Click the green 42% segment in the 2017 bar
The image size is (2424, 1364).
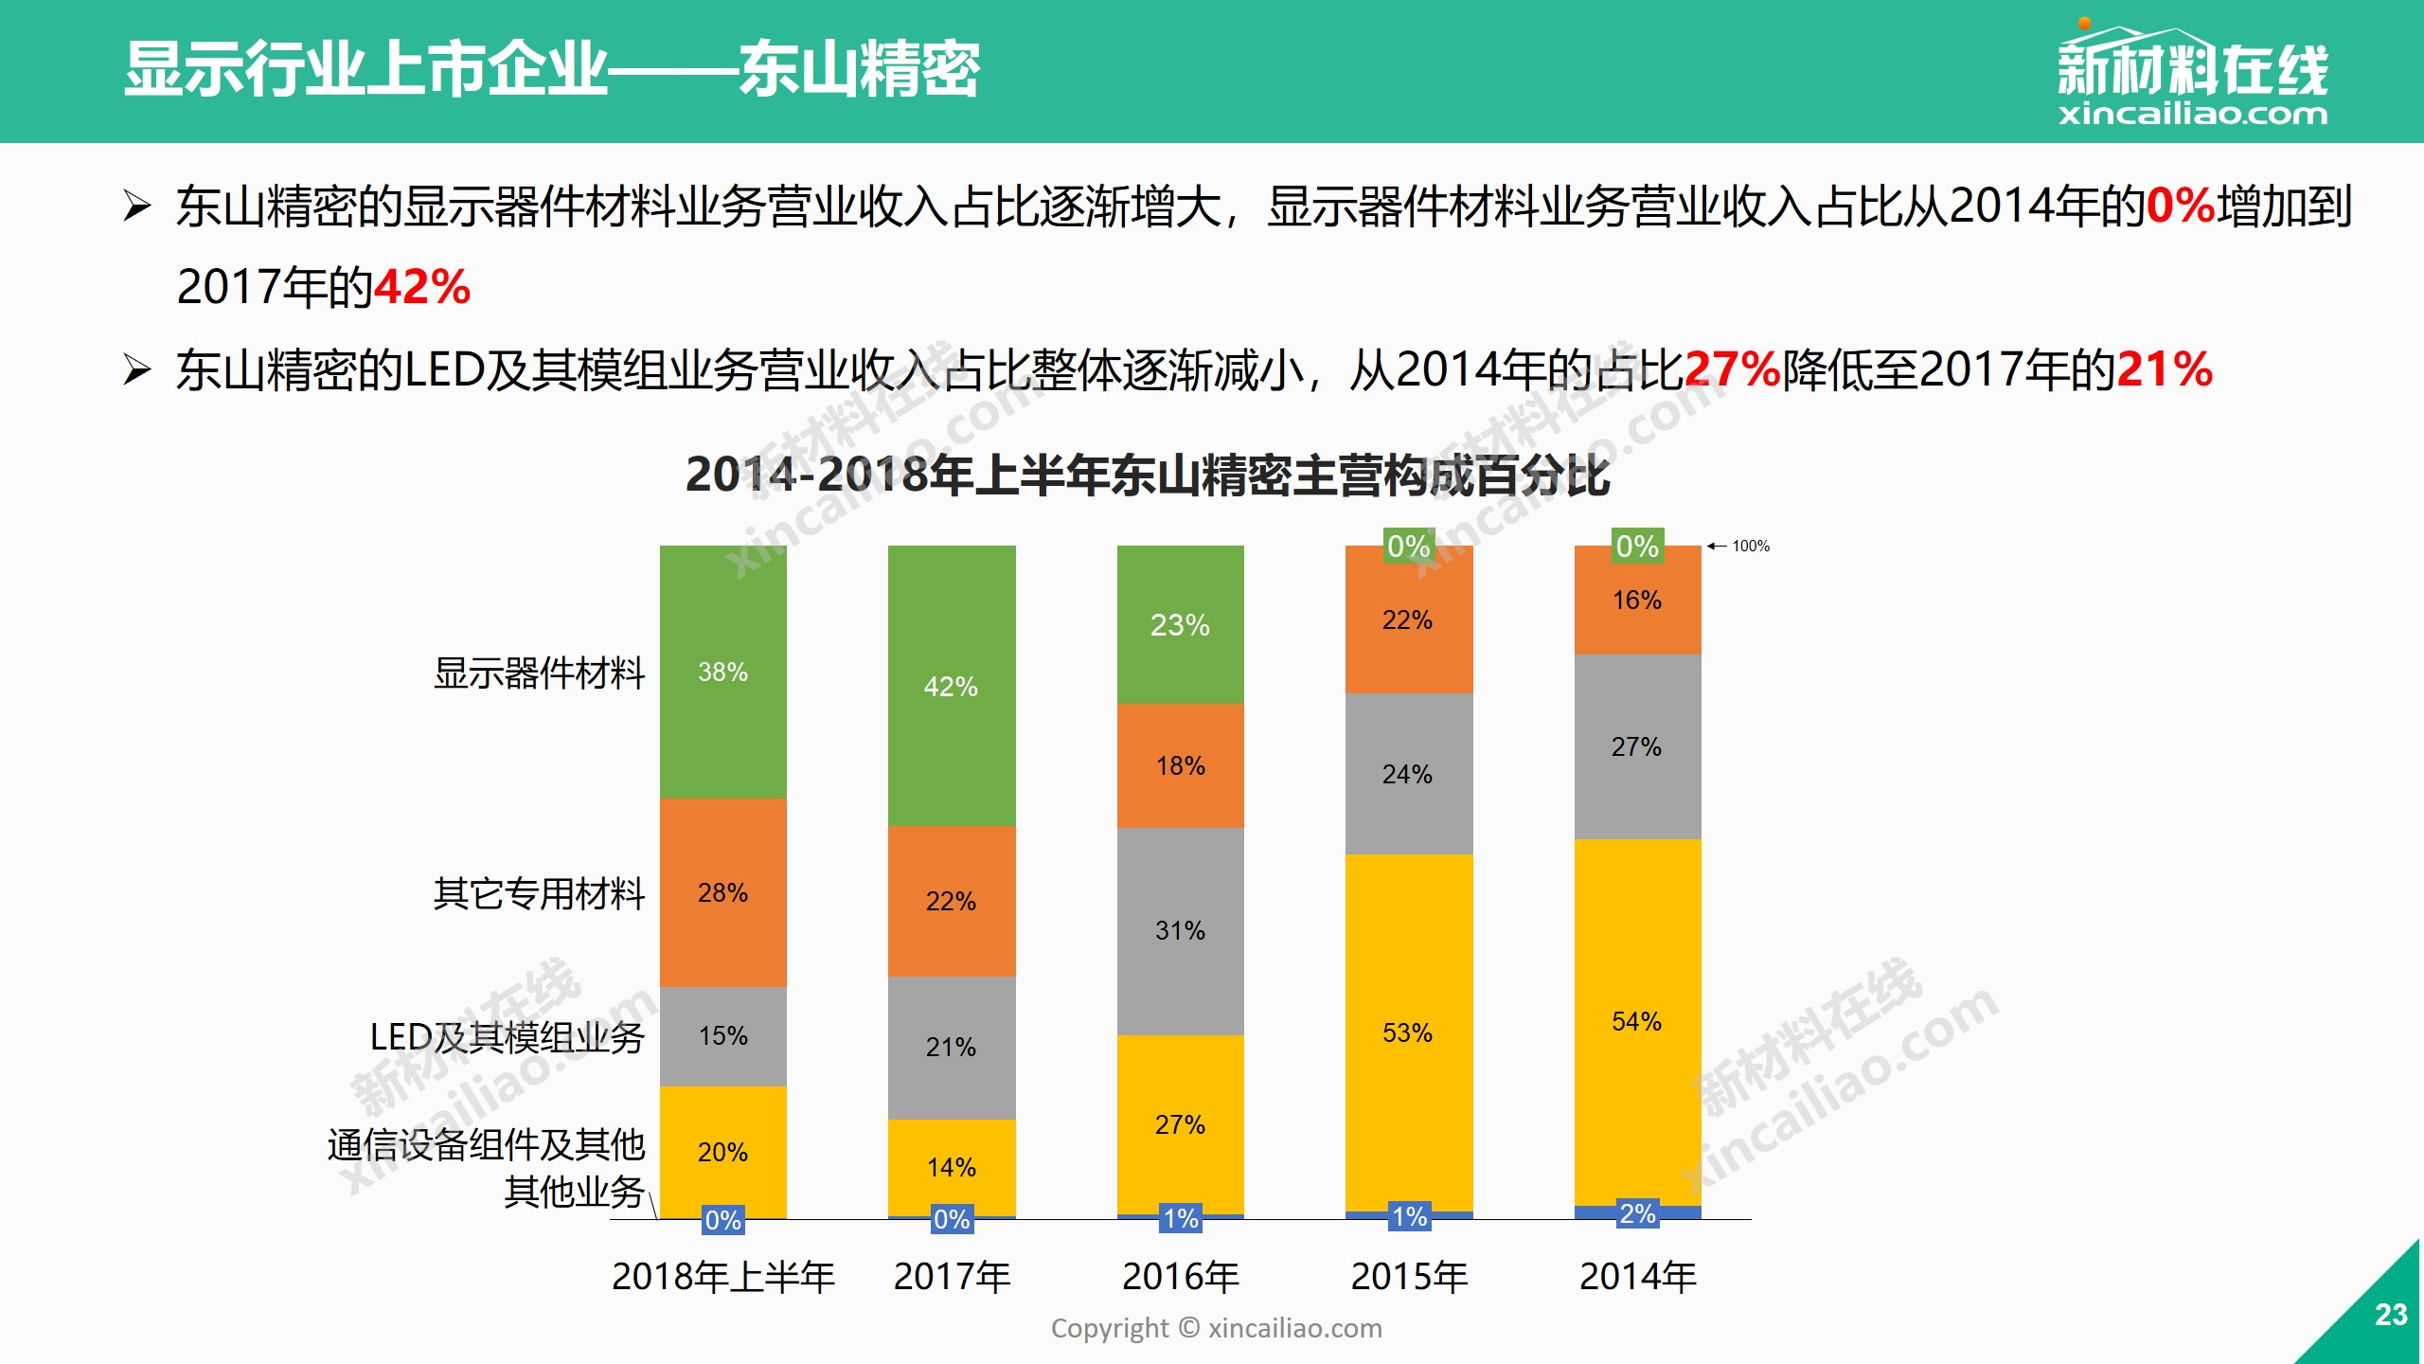(x=952, y=686)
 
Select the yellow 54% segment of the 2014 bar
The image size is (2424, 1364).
(x=1637, y=1021)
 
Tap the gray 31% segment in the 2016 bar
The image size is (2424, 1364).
(x=1180, y=930)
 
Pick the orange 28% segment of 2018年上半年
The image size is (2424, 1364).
(x=722, y=892)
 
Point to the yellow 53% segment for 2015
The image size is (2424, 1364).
(x=1408, y=1032)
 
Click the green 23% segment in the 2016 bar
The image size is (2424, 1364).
(x=1180, y=624)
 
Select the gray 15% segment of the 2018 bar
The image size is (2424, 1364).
(x=722, y=1035)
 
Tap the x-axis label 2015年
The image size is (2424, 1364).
(x=1409, y=1277)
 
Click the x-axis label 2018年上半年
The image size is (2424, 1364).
(x=723, y=1277)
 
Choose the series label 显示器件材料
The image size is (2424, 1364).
(x=539, y=673)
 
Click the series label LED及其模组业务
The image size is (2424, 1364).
(x=508, y=1037)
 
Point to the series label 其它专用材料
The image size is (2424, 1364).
(x=539, y=893)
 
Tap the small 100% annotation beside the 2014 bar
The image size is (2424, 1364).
(x=1750, y=547)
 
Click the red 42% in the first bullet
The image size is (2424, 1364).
(x=422, y=287)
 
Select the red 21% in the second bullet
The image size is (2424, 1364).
(x=2165, y=369)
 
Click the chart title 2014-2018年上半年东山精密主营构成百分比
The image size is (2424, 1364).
(x=1148, y=475)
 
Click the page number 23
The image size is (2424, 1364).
(x=2391, y=1315)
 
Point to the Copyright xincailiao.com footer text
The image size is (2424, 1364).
(x=1217, y=1328)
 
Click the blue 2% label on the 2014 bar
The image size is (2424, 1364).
(x=1637, y=1213)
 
